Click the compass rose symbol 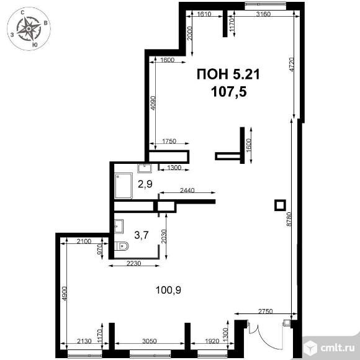(29, 29)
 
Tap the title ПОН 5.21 (228, 74)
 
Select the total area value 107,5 (228, 92)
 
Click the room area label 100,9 (168, 290)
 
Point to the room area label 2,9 (145, 184)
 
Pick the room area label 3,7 (142, 235)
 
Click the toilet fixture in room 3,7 (122, 246)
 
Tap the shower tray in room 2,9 (124, 186)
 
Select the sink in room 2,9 (145, 168)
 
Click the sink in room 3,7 (119, 226)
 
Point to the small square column (280, 205)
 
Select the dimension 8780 (289, 219)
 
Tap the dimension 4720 (292, 65)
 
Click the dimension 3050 (149, 341)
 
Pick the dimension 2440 (187, 190)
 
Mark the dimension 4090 (153, 103)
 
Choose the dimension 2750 (266, 312)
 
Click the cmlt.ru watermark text (338, 348)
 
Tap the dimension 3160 (263, 14)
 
